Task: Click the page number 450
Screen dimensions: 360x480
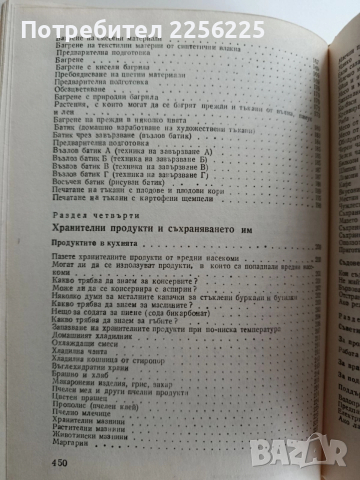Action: (26, 460)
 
